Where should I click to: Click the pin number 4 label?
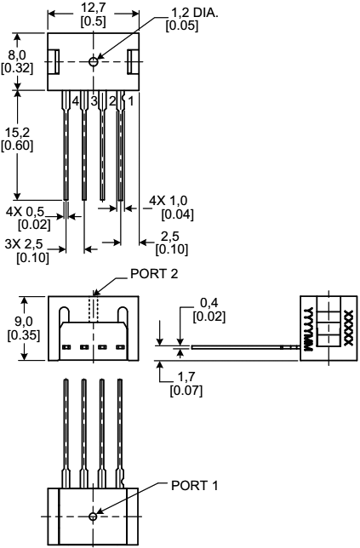pos(76,101)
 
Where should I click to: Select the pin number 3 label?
pos(94,101)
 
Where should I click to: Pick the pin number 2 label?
pos(112,101)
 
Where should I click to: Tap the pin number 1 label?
pos(130,101)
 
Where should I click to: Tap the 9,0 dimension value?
pos(17,322)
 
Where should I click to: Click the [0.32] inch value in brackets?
pos(16,69)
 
